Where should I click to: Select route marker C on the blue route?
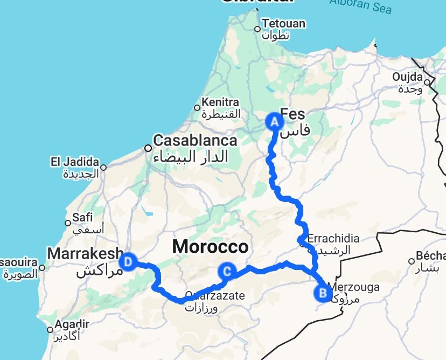[227, 272]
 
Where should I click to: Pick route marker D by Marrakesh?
[128, 262]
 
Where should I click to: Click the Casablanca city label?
[195, 141]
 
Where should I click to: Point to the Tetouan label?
[284, 24]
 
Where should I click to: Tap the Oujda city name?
[407, 77]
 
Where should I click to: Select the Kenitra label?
[220, 102]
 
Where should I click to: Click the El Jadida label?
[75, 162]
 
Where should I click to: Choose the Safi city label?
[82, 217]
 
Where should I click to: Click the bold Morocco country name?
[210, 247]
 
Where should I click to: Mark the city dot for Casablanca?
[148, 148]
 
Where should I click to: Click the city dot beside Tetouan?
[257, 30]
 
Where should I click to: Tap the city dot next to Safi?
[68, 223]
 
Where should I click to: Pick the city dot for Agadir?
[50, 330]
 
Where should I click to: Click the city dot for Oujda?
[427, 82]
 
